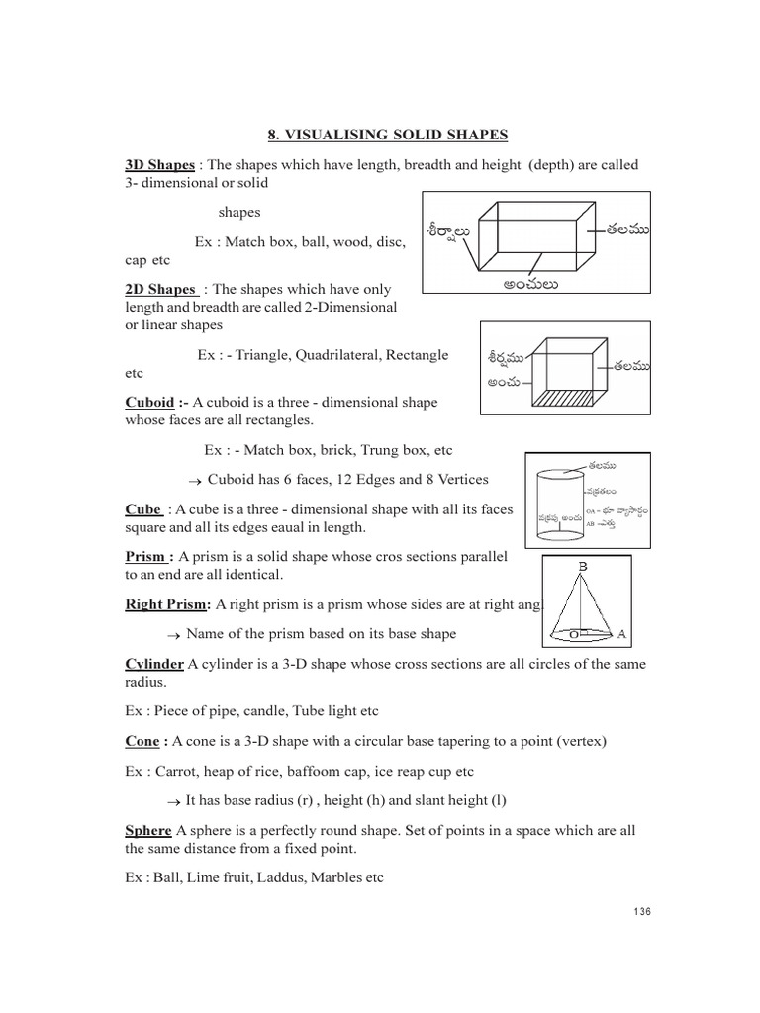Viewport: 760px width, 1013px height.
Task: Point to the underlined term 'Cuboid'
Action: pyautogui.click(x=146, y=402)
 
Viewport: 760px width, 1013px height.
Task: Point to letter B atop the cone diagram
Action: pyautogui.click(x=582, y=566)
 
